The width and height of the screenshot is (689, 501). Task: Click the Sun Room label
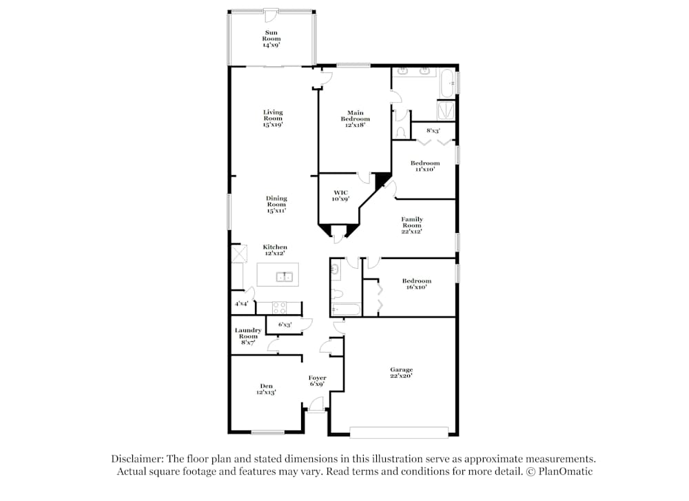[x=271, y=39]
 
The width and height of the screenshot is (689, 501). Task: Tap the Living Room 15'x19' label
[x=273, y=119]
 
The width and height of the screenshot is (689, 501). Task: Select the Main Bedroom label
[x=355, y=119]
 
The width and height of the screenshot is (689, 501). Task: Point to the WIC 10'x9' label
[x=340, y=196]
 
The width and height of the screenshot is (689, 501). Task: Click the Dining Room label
[x=276, y=205]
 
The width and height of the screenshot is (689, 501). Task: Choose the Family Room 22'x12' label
[x=412, y=225]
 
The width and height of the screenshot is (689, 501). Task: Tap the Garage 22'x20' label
[x=401, y=374]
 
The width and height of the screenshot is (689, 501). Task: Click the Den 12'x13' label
[x=266, y=389]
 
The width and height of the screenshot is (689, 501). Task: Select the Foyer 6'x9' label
[x=317, y=380]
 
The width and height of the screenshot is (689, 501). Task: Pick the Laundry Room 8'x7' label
[x=248, y=336]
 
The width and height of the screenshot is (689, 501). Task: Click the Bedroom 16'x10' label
[x=417, y=284]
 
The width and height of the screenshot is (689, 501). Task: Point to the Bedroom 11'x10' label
[x=425, y=166]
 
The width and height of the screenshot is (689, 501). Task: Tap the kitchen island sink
[x=285, y=276]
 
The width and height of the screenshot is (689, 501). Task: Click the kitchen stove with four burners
[x=280, y=308]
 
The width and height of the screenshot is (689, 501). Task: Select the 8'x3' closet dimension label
[x=433, y=130]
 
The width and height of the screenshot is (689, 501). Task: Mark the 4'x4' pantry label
[x=241, y=304]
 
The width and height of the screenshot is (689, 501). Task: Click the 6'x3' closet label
[x=285, y=325]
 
